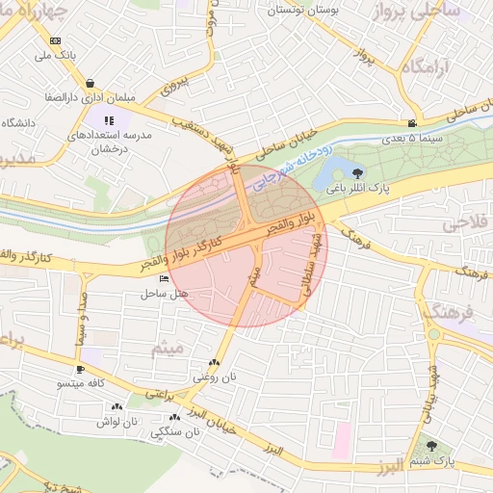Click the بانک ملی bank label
tap(55, 56)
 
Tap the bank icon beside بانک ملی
tap(55, 40)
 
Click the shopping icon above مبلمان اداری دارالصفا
tap(90, 83)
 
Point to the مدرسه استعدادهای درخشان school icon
tap(109, 121)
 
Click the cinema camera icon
tap(412, 123)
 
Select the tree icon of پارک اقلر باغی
tap(358, 174)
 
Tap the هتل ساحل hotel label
tap(162, 292)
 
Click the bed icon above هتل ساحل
tap(162, 278)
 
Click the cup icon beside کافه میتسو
tap(80, 369)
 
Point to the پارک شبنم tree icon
tap(430, 446)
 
